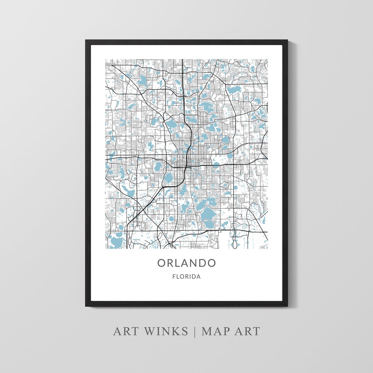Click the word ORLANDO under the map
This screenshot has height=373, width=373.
point(186,263)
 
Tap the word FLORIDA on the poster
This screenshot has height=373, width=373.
point(186,277)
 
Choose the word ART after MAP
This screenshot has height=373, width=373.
point(247,331)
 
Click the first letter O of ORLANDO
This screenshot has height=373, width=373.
point(162,263)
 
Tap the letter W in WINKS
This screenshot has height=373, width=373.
point(146,331)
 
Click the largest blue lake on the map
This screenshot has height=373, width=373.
point(208,217)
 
